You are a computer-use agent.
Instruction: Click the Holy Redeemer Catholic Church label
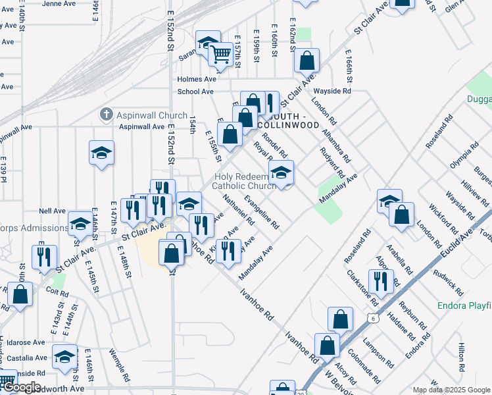point(244,181)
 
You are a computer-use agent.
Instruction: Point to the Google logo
point(21,387)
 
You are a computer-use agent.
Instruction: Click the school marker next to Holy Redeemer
point(281,174)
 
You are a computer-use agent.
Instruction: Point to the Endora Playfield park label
point(464,306)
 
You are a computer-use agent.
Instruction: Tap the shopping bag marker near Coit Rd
point(20,295)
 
